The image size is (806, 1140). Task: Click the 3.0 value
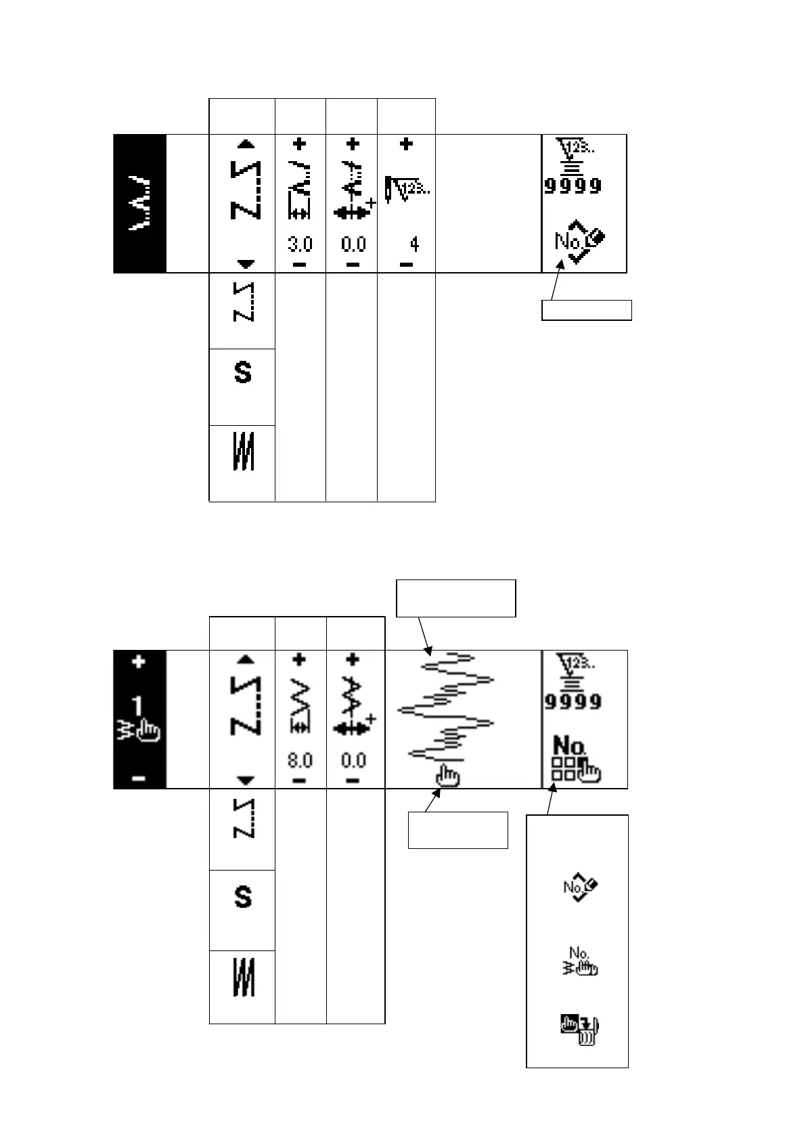(x=300, y=244)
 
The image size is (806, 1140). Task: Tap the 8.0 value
(x=300, y=760)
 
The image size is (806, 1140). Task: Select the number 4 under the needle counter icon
(x=414, y=244)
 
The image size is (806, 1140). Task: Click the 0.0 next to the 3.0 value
(x=353, y=244)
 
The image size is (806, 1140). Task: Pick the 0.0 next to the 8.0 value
(x=353, y=760)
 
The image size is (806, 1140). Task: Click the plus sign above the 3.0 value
(x=300, y=144)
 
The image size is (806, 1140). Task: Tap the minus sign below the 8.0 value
(x=300, y=780)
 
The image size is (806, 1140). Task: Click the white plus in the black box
(x=139, y=661)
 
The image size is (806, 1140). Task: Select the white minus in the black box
(x=139, y=779)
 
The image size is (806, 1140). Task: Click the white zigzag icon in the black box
(x=139, y=204)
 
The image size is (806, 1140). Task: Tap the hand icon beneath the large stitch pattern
(x=447, y=774)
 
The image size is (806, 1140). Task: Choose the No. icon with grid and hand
(x=577, y=758)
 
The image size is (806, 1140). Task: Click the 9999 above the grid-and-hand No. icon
(x=573, y=701)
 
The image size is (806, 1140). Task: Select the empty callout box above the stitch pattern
(x=455, y=598)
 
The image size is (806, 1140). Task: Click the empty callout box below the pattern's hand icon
(x=457, y=829)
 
